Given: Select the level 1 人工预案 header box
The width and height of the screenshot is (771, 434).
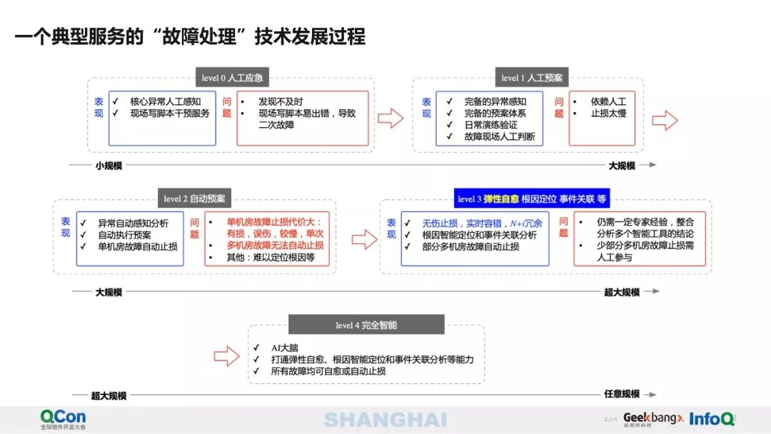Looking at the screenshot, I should [x=531, y=77].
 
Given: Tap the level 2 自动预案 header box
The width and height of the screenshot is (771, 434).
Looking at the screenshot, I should [x=193, y=198].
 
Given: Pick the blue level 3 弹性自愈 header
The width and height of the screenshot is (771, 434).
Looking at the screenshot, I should [x=532, y=199].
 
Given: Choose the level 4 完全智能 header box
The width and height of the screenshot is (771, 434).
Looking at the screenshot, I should [x=366, y=325].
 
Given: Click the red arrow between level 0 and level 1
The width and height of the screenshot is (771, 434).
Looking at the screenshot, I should [x=390, y=118].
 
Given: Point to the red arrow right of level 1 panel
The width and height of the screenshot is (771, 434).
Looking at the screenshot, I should [x=665, y=121].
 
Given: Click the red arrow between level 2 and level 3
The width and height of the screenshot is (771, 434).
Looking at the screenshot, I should [x=364, y=241].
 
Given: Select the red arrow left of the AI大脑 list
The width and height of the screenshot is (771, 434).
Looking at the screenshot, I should [x=226, y=356].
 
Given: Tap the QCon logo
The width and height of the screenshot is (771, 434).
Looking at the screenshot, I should [x=63, y=417].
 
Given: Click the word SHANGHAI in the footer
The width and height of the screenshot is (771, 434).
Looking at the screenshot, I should [x=385, y=420].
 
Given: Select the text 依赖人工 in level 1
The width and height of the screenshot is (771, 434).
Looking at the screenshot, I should [x=608, y=101].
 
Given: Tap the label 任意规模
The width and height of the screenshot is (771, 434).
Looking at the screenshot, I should [x=621, y=394].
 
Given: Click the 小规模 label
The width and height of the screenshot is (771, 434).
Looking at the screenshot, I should [x=109, y=166].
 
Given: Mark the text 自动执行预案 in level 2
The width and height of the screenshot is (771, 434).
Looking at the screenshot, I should [x=124, y=235].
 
